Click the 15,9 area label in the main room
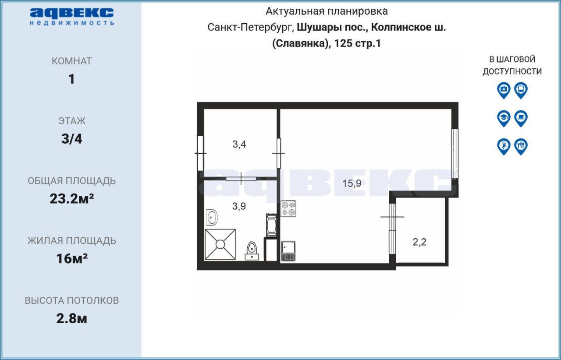pyautogui.click(x=352, y=184)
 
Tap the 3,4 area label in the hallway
pyautogui.click(x=239, y=145)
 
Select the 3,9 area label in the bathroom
pyautogui.click(x=239, y=206)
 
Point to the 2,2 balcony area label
pyautogui.click(x=419, y=242)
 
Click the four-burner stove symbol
pyautogui.click(x=288, y=208)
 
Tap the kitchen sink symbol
pyautogui.click(x=288, y=251)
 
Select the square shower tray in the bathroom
pyautogui.click(x=220, y=244)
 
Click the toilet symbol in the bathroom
pyautogui.click(x=252, y=251)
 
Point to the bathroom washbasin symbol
pyautogui.click(x=212, y=217)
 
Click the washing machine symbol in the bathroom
pyautogui.click(x=271, y=225)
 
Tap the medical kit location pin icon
pyautogui.click(x=504, y=90)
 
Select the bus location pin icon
pyautogui.click(x=521, y=90)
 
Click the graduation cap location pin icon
pyautogui.click(x=504, y=118)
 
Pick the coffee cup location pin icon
pyautogui.click(x=521, y=118)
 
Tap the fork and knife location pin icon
pyautogui.click(x=521, y=147)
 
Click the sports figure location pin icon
pyautogui.click(x=504, y=147)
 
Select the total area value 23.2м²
pyautogui.click(x=71, y=199)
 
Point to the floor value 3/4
pyautogui.click(x=71, y=139)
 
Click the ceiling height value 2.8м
pyautogui.click(x=71, y=318)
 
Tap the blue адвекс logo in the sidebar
pyautogui.click(x=72, y=17)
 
